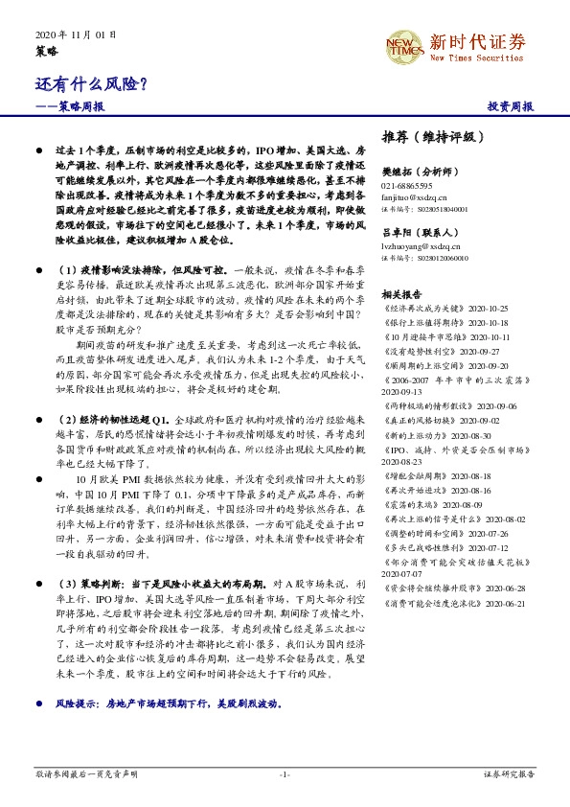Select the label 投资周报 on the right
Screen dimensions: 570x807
(x=510, y=106)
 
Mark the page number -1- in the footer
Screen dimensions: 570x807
(x=285, y=773)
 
